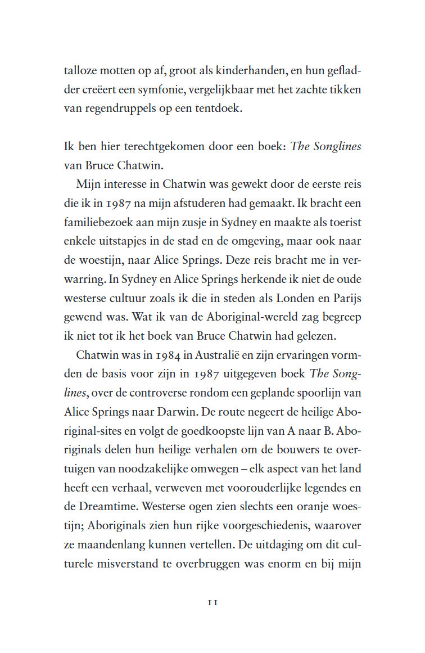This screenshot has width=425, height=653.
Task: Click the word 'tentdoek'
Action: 219,109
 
